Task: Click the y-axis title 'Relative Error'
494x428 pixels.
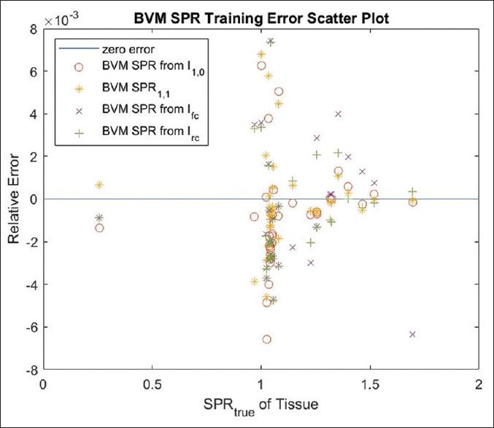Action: (x=16, y=199)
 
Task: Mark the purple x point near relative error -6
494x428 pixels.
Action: (x=412, y=335)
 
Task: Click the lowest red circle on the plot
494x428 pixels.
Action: (x=267, y=340)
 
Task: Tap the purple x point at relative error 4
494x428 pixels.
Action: (x=338, y=114)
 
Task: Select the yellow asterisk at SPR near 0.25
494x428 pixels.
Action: (x=99, y=185)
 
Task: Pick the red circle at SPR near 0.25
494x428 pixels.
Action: (x=99, y=228)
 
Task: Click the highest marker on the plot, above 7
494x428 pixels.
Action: (x=270, y=42)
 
